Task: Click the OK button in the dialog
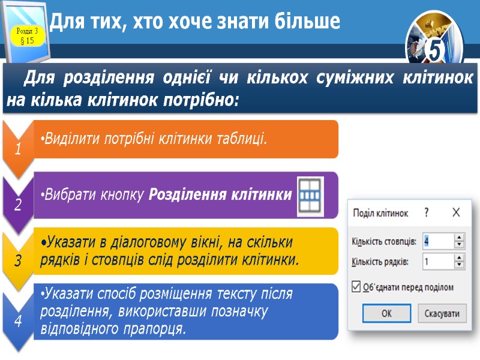pos(386,313)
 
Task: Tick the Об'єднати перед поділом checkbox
pos(356,287)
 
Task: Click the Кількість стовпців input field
pos(438,241)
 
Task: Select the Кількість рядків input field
pos(438,262)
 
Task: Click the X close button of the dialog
pos(456,212)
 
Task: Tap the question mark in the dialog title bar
pos(427,212)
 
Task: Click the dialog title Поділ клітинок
pos(380,213)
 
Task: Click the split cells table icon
pos(310,197)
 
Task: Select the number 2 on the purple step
pos(18,206)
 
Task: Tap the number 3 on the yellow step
pos(18,262)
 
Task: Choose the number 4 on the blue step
pos(18,322)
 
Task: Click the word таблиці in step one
pos(238,139)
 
